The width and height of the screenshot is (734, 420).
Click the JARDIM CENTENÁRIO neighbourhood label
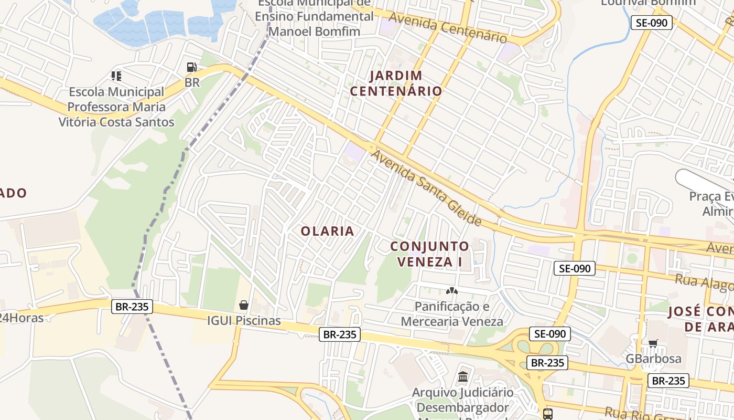click(396, 83)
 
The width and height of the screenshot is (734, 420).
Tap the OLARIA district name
click(328, 231)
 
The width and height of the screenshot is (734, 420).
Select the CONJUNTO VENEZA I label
click(429, 254)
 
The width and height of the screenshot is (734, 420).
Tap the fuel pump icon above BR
click(192, 67)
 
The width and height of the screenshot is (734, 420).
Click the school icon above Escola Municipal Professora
click(116, 76)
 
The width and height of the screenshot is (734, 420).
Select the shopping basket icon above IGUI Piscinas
click(244, 304)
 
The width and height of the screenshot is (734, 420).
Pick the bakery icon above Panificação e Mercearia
click(451, 290)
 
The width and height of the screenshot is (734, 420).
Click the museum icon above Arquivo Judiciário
click(463, 376)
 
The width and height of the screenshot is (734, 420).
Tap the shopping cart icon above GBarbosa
click(653, 343)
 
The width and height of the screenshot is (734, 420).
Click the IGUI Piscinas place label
click(244, 320)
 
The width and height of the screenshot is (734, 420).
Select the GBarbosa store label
click(654, 359)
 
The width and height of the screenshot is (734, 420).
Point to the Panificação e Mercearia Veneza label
click(451, 314)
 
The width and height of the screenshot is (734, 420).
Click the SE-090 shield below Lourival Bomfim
click(651, 23)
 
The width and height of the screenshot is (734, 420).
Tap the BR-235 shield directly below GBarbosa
click(668, 381)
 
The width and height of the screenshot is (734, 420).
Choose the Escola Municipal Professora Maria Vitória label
click(116, 107)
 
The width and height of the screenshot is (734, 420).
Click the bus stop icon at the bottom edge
click(548, 414)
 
